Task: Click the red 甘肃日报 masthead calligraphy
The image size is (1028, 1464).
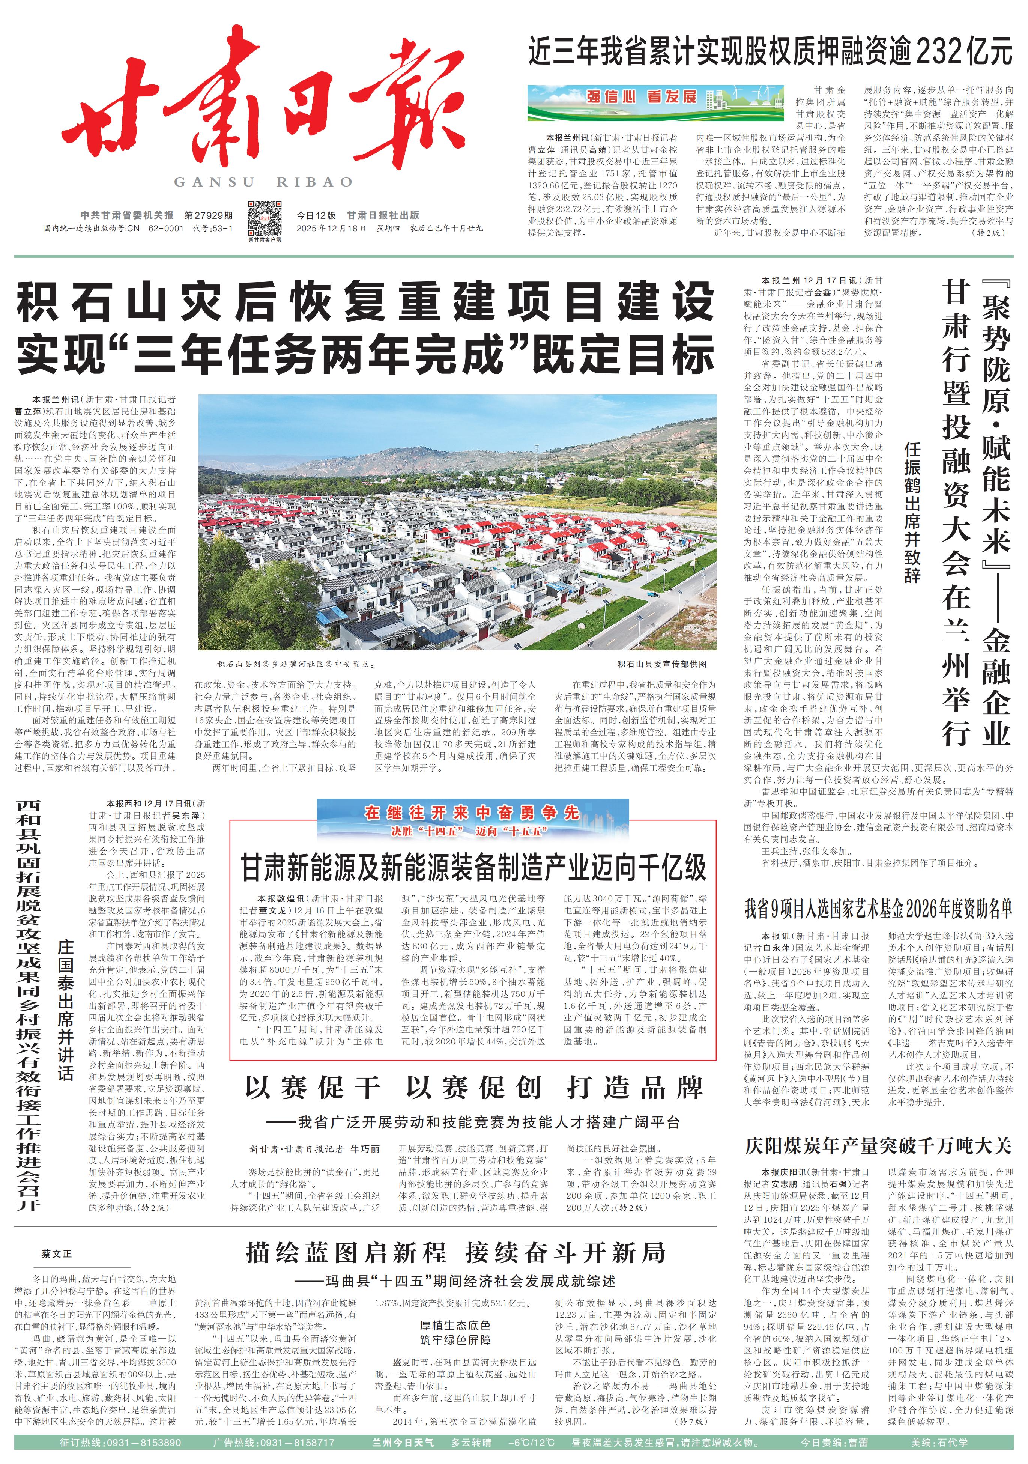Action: click(x=261, y=108)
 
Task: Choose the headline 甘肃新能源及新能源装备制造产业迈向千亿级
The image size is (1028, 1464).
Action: click(x=473, y=867)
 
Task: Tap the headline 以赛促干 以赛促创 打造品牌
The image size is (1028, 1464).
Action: click(x=473, y=1088)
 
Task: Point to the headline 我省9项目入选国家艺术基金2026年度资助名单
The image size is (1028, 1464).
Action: click(x=878, y=908)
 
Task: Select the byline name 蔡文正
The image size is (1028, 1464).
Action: click(x=57, y=1253)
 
